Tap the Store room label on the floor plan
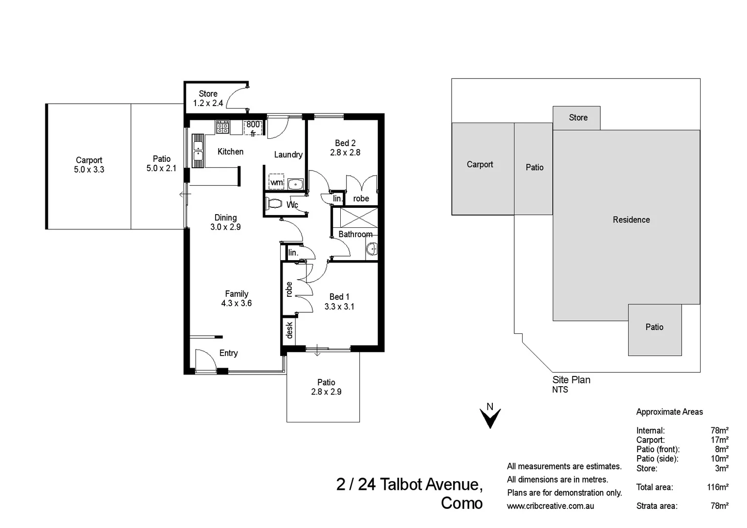[x=208, y=94]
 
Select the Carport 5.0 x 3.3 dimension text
[x=89, y=170]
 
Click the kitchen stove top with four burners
[x=222, y=127]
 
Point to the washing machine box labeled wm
[x=277, y=182]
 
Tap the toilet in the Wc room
[x=275, y=203]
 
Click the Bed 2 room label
[x=345, y=143]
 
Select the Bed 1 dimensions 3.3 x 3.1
[x=339, y=307]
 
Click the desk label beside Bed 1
[x=289, y=330]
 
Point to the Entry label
[x=228, y=353]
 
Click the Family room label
[x=237, y=294]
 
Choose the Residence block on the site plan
[x=631, y=220]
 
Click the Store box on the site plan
[x=577, y=118]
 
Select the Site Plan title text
[x=571, y=380]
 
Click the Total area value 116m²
[x=717, y=487]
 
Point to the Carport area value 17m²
[x=719, y=440]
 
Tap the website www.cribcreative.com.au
[x=550, y=506]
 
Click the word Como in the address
[x=461, y=503]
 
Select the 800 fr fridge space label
[x=253, y=129]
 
